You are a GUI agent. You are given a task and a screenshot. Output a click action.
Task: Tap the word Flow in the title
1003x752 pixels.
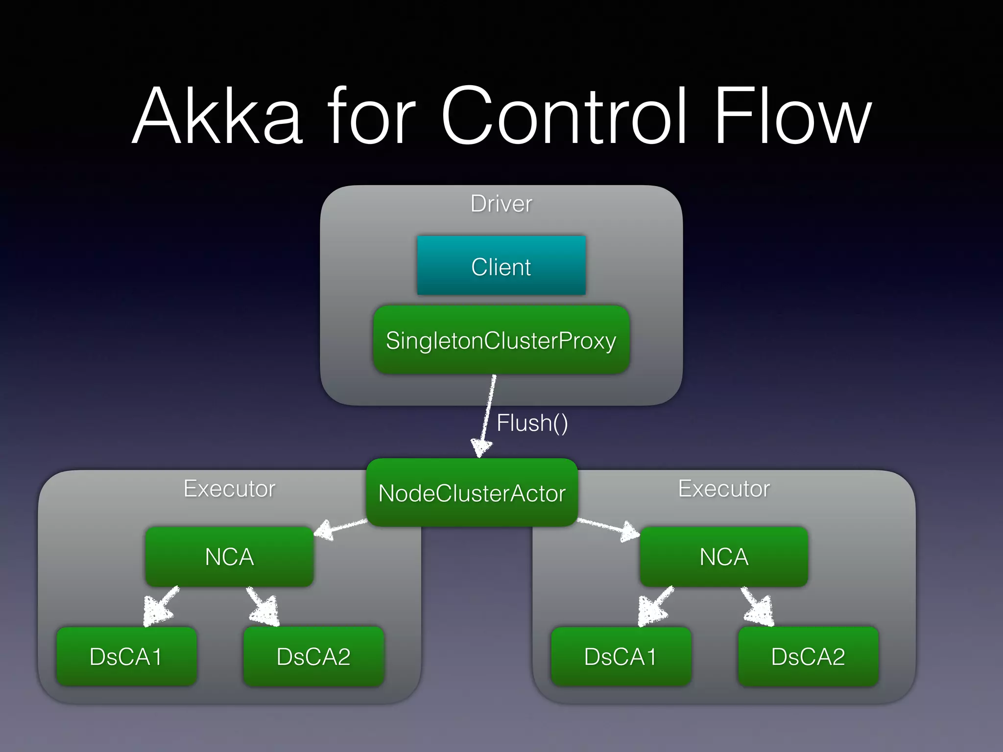pos(792,116)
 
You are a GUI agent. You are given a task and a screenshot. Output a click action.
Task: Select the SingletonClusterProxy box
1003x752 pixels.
pos(501,340)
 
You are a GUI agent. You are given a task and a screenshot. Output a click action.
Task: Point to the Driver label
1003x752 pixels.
pos(501,204)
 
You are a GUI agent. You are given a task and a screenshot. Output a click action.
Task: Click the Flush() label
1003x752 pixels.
pos(532,423)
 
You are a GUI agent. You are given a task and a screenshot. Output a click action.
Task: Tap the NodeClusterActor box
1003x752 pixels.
pos(472,493)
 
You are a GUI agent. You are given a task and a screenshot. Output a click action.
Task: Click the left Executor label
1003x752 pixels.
pos(229,489)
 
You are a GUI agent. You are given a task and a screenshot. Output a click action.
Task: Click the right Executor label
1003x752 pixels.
pos(724,489)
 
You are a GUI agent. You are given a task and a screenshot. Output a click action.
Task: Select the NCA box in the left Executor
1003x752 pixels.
pos(229,557)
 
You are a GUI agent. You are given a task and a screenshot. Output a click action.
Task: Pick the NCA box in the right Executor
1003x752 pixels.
pos(724,557)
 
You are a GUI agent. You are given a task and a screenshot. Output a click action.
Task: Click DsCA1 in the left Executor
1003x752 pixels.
pos(126,657)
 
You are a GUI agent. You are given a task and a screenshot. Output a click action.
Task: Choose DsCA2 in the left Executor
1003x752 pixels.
pos(313,657)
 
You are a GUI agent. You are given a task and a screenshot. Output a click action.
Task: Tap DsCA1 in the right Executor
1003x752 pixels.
pos(621,657)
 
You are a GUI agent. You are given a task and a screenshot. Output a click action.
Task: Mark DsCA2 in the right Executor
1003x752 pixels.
pos(808,657)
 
